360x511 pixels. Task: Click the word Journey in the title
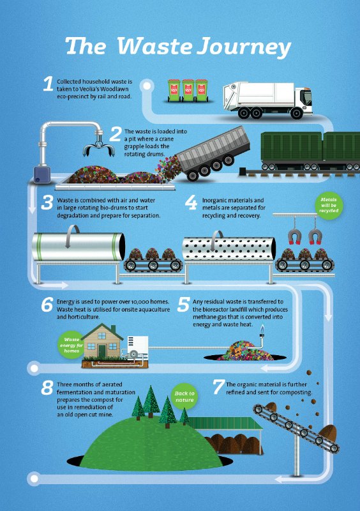[x=244, y=47]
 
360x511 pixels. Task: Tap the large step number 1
[x=49, y=84]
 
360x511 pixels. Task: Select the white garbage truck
[x=268, y=99]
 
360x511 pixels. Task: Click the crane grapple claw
[x=99, y=148]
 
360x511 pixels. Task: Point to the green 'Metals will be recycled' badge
[x=329, y=205]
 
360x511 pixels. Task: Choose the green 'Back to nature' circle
[x=184, y=396]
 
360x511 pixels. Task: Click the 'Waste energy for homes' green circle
[x=71, y=345]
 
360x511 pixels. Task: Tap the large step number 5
[x=183, y=304]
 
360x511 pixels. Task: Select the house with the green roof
[x=103, y=341]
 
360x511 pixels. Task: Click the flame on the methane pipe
[x=261, y=329]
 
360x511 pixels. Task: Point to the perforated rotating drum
[x=229, y=248]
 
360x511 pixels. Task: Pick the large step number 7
[x=218, y=387]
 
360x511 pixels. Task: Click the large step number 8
[x=47, y=388]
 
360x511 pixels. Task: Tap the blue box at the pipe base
[x=42, y=174]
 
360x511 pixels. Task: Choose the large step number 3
[x=47, y=202]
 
